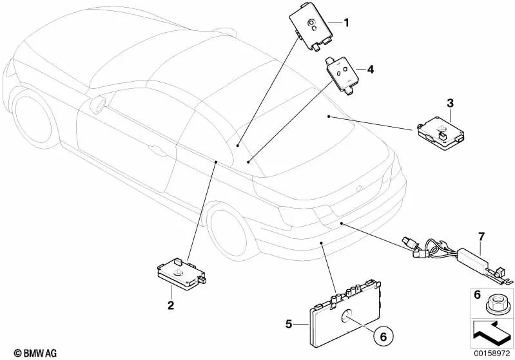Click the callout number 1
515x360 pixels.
tap(346, 24)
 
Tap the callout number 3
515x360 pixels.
tap(451, 102)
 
